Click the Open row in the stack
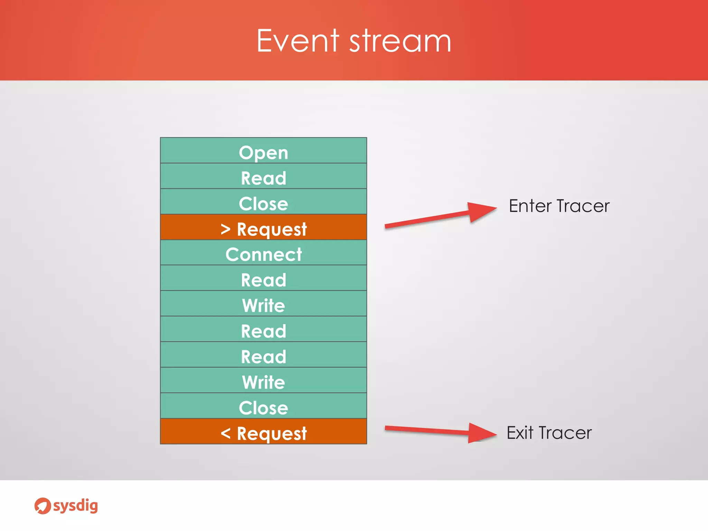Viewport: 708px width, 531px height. (263, 151)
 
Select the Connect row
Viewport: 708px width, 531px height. (263, 253)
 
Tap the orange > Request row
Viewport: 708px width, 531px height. (263, 227)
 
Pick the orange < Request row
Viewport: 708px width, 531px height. (263, 431)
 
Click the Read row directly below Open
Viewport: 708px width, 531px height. (263, 176)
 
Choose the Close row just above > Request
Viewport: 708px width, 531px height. (263, 202)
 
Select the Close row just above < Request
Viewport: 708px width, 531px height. (263, 406)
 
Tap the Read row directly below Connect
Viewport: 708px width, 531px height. (263, 279)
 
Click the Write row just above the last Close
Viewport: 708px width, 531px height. (263, 380)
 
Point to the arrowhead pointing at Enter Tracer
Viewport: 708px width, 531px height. (482, 211)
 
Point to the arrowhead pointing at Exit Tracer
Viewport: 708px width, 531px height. (482, 432)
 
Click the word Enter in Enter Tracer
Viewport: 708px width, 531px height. (530, 206)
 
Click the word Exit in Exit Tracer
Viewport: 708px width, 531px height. (520, 433)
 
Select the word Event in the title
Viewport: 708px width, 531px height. (298, 41)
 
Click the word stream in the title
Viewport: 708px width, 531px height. (400, 41)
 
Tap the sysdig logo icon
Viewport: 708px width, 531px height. (43, 506)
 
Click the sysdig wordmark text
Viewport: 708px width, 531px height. (76, 506)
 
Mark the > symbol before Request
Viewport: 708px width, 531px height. (225, 229)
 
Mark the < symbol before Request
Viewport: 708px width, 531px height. (225, 433)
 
